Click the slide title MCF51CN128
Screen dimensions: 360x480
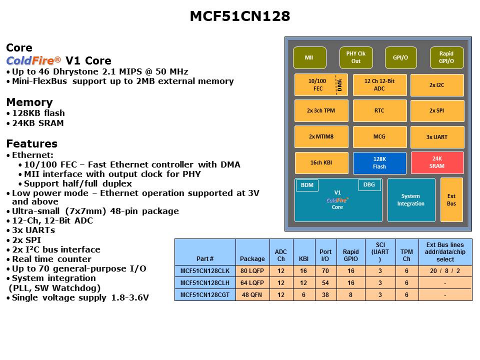[240, 16]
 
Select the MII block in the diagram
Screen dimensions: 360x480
[309, 57]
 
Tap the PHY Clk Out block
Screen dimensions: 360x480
[355, 57]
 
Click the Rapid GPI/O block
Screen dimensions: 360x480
[446, 57]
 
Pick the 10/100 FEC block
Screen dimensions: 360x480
[318, 85]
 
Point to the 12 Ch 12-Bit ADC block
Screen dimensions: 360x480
[379, 85]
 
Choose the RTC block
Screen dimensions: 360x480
[379, 110]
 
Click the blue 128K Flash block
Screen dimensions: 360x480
[379, 163]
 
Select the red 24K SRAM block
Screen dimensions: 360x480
[437, 162]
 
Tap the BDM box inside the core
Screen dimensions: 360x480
[307, 185]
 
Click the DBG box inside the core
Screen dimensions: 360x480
[369, 185]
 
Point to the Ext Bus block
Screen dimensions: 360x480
[451, 199]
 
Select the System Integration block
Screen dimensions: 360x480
[411, 199]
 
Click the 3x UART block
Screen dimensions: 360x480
[437, 136]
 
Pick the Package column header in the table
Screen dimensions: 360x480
[252, 258]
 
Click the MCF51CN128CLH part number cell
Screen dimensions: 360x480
[205, 283]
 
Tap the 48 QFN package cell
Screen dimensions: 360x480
[252, 295]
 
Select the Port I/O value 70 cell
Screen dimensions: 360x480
[325, 271]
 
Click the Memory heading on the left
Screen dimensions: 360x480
[29, 102]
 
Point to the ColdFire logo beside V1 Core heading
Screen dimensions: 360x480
[33, 60]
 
